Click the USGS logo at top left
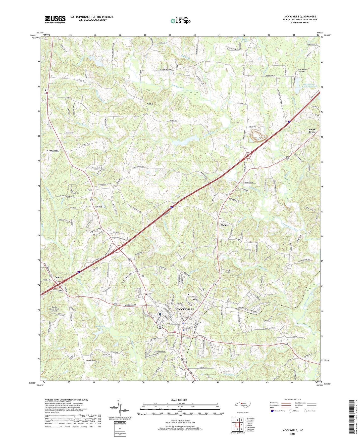(55, 19)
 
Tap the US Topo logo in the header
(180, 21)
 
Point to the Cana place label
(150, 104)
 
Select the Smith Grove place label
(312, 131)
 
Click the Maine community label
(224, 225)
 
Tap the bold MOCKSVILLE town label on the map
(185, 309)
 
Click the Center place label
(58, 277)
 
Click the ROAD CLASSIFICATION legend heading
(293, 400)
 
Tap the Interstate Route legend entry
(278, 411)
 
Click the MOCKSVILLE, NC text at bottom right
(293, 430)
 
